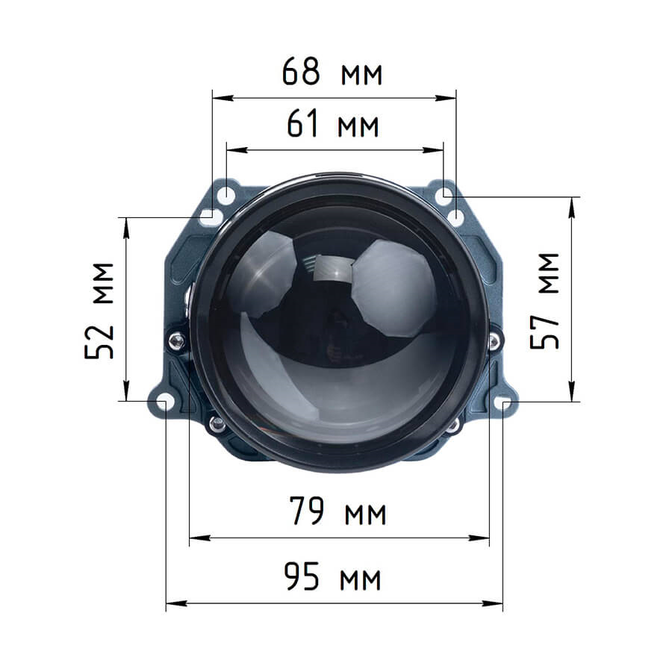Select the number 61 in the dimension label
(305, 125)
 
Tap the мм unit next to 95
(361, 579)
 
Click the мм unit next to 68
(361, 74)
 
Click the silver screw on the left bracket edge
(177, 341)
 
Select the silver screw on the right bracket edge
(494, 341)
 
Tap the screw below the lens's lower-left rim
(217, 423)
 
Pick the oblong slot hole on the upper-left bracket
(210, 217)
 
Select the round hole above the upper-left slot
(225, 196)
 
